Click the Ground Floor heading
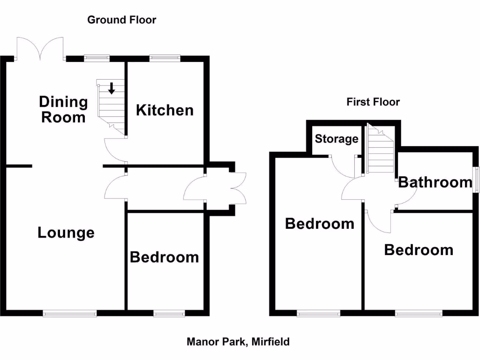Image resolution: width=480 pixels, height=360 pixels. tap(121, 20)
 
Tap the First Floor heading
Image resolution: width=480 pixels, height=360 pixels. tap(373, 102)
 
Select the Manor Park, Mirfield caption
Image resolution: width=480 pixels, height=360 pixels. tap(238, 342)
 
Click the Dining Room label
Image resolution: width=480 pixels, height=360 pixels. tap(63, 109)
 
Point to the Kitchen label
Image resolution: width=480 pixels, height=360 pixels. tap(165, 110)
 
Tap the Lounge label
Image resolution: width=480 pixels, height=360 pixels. tap(66, 232)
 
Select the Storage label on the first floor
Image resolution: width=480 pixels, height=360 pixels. tap(336, 139)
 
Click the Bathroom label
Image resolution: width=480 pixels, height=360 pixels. tap(435, 182)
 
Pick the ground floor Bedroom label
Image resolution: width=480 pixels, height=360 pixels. tap(164, 257)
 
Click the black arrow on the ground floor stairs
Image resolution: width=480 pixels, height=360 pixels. tap(112, 88)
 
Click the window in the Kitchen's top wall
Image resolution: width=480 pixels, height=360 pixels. tap(165, 58)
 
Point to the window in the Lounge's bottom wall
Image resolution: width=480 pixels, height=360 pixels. tap(70, 314)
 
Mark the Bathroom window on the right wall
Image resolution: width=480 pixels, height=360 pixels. tap(475, 180)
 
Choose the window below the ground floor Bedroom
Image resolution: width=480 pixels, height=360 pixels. tap(169, 314)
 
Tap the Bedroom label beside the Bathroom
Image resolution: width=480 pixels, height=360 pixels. tap(419, 250)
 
